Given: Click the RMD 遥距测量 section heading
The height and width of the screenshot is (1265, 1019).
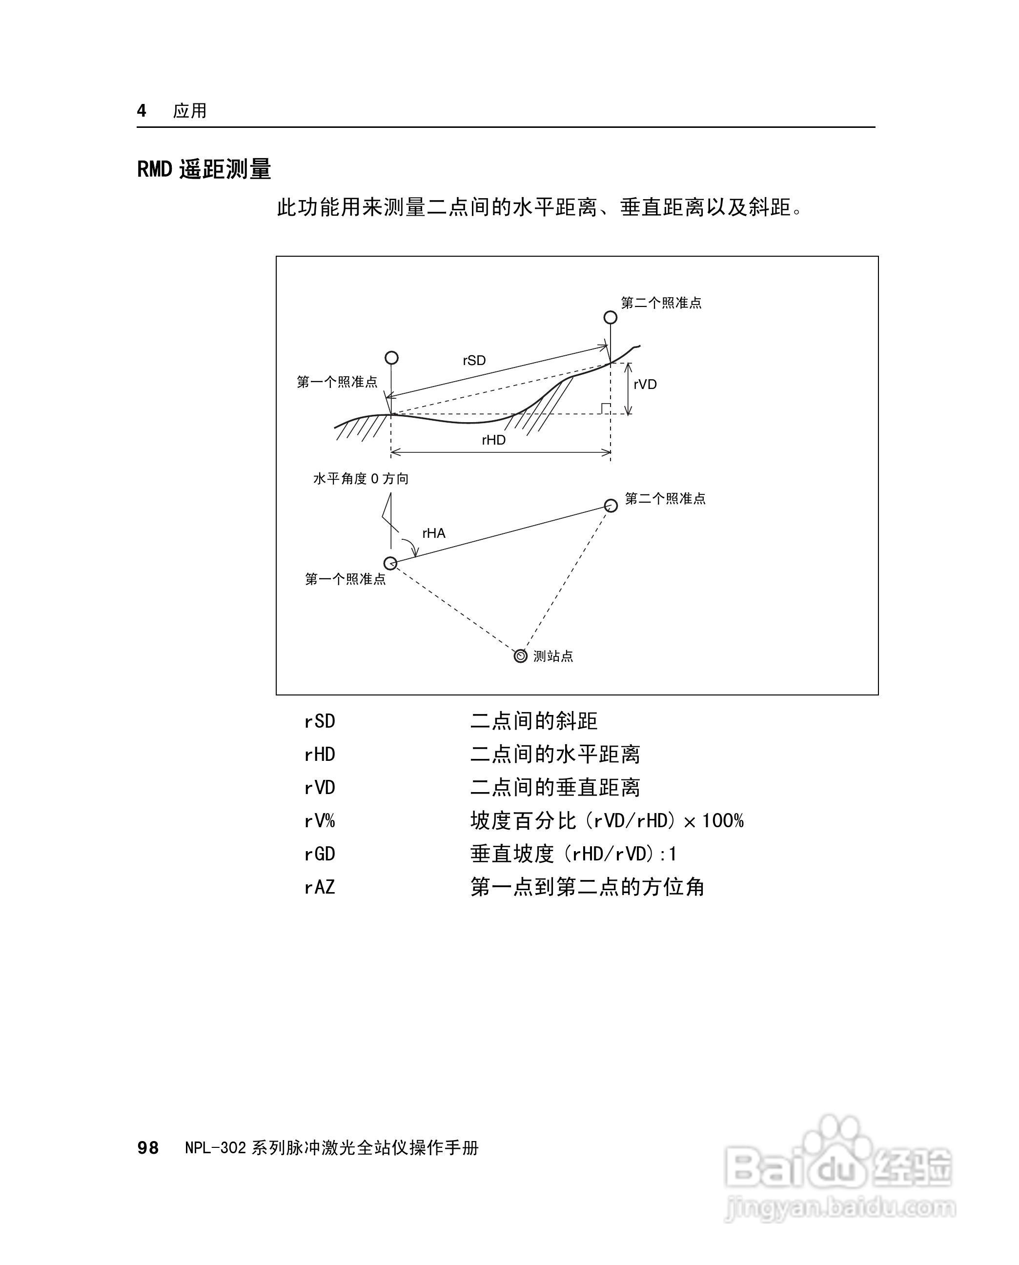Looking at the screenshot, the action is click(204, 170).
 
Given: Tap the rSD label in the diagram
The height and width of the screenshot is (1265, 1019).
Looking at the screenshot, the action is click(474, 361).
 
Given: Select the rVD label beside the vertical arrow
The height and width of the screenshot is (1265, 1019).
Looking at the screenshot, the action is click(645, 385).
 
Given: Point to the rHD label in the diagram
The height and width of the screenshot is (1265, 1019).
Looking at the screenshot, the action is click(494, 440).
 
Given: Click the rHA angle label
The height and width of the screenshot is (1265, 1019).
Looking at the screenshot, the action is click(434, 533).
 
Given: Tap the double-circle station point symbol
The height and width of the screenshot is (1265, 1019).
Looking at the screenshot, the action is click(520, 656).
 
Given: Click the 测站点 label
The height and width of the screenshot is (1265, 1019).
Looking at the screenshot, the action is click(553, 656).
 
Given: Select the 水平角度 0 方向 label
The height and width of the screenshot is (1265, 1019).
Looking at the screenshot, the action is click(360, 479).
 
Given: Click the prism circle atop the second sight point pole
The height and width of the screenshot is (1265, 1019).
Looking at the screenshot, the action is click(611, 318).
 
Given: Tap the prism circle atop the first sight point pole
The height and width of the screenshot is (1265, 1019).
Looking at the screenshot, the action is click(391, 357).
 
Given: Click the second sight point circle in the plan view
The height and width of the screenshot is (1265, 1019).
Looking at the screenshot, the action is click(611, 506).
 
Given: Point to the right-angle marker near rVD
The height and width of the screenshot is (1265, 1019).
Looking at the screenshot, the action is click(606, 408).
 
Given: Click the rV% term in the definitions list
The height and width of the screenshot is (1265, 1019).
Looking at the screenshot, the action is click(319, 820).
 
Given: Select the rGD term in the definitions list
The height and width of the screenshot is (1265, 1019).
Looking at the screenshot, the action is click(319, 854).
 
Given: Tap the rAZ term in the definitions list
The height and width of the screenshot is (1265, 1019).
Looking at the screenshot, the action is click(319, 887).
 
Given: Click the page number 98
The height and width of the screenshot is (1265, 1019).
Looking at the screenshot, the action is click(148, 1148).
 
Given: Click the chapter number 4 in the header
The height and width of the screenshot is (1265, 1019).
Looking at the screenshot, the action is click(142, 110).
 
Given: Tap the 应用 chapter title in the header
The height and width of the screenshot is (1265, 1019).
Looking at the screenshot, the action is click(189, 110).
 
